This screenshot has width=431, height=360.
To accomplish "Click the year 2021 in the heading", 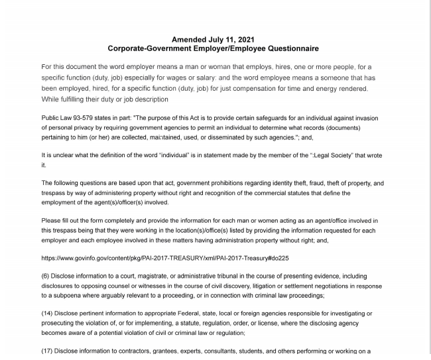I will coord(235,40).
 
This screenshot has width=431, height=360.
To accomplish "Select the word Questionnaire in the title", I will coord(287,49).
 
